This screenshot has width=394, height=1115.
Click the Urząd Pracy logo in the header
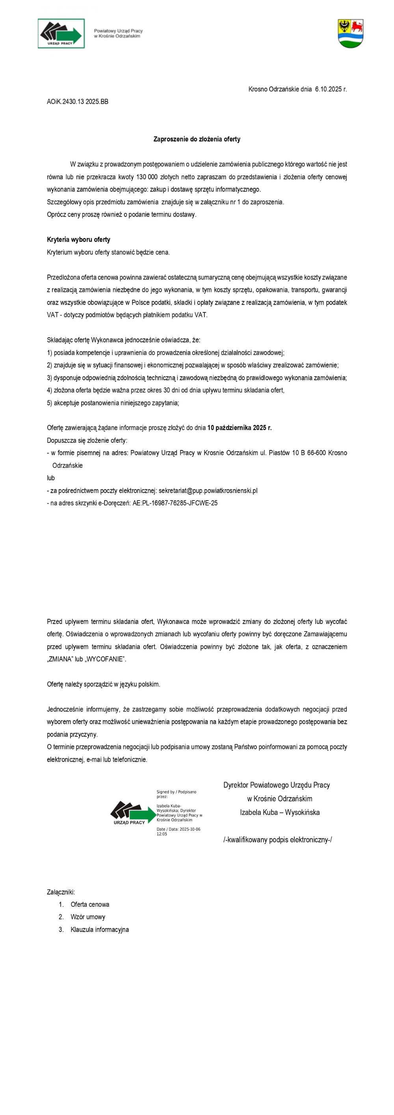point(61,34)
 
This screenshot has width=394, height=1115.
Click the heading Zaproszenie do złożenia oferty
point(197,139)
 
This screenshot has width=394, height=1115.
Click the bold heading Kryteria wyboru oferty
point(78,239)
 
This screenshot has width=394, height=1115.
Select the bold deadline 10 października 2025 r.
point(240,428)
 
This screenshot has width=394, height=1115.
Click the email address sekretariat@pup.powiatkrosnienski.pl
point(208,490)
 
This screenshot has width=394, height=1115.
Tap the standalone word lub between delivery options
point(51,478)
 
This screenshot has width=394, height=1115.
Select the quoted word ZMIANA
point(61,659)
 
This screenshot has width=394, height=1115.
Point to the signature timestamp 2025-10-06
point(186,829)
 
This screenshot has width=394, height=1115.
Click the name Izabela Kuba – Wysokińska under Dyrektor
point(279,812)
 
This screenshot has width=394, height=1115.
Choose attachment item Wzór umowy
point(88,917)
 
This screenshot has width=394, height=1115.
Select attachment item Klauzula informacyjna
point(99,929)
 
